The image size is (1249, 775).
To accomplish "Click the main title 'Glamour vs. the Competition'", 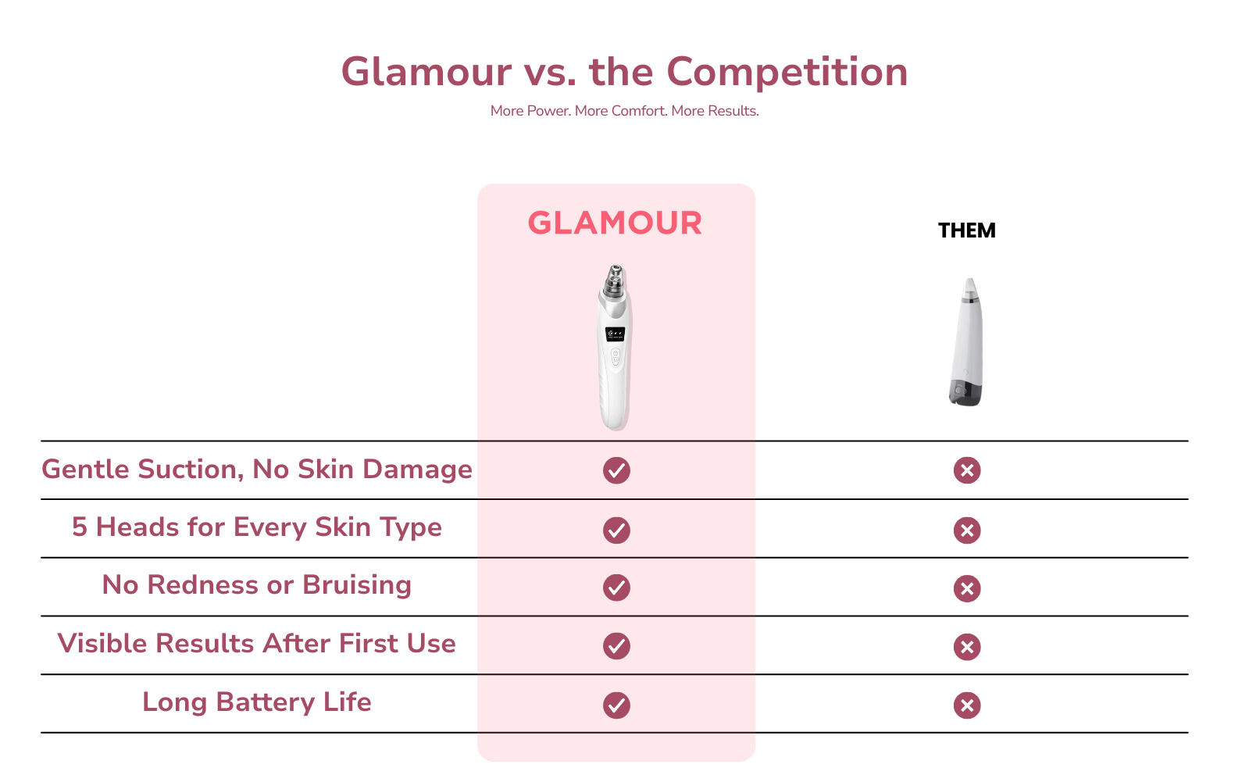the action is click(624, 72).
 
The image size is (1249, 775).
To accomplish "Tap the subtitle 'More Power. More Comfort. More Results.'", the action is click(625, 111).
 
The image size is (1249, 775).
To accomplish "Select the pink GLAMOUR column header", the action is click(615, 223).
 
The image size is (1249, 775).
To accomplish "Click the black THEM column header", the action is click(966, 230).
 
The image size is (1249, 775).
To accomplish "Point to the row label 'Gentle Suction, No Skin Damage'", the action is click(257, 469).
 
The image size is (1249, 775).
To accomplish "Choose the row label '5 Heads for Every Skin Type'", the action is click(257, 527).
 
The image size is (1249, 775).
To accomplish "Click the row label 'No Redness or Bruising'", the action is click(257, 585).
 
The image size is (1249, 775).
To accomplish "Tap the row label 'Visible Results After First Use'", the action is click(257, 644).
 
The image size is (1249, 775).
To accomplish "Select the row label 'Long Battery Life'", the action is click(257, 702).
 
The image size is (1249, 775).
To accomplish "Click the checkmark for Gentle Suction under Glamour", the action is click(617, 470).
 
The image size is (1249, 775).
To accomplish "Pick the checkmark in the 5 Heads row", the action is click(617, 530).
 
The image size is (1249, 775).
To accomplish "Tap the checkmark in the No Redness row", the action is click(617, 587).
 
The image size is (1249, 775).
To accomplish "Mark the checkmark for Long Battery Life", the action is click(617, 705).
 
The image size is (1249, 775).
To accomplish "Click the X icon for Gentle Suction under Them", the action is click(967, 470).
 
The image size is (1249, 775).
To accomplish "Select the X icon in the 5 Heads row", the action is click(967, 530).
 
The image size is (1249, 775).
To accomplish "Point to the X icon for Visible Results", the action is click(967, 647).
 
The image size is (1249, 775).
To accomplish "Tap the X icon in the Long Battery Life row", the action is click(967, 705).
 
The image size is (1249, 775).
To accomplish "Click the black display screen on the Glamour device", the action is click(615, 334).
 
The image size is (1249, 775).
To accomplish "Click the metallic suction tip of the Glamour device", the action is click(615, 280).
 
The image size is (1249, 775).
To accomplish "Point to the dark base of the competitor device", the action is click(965, 392).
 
